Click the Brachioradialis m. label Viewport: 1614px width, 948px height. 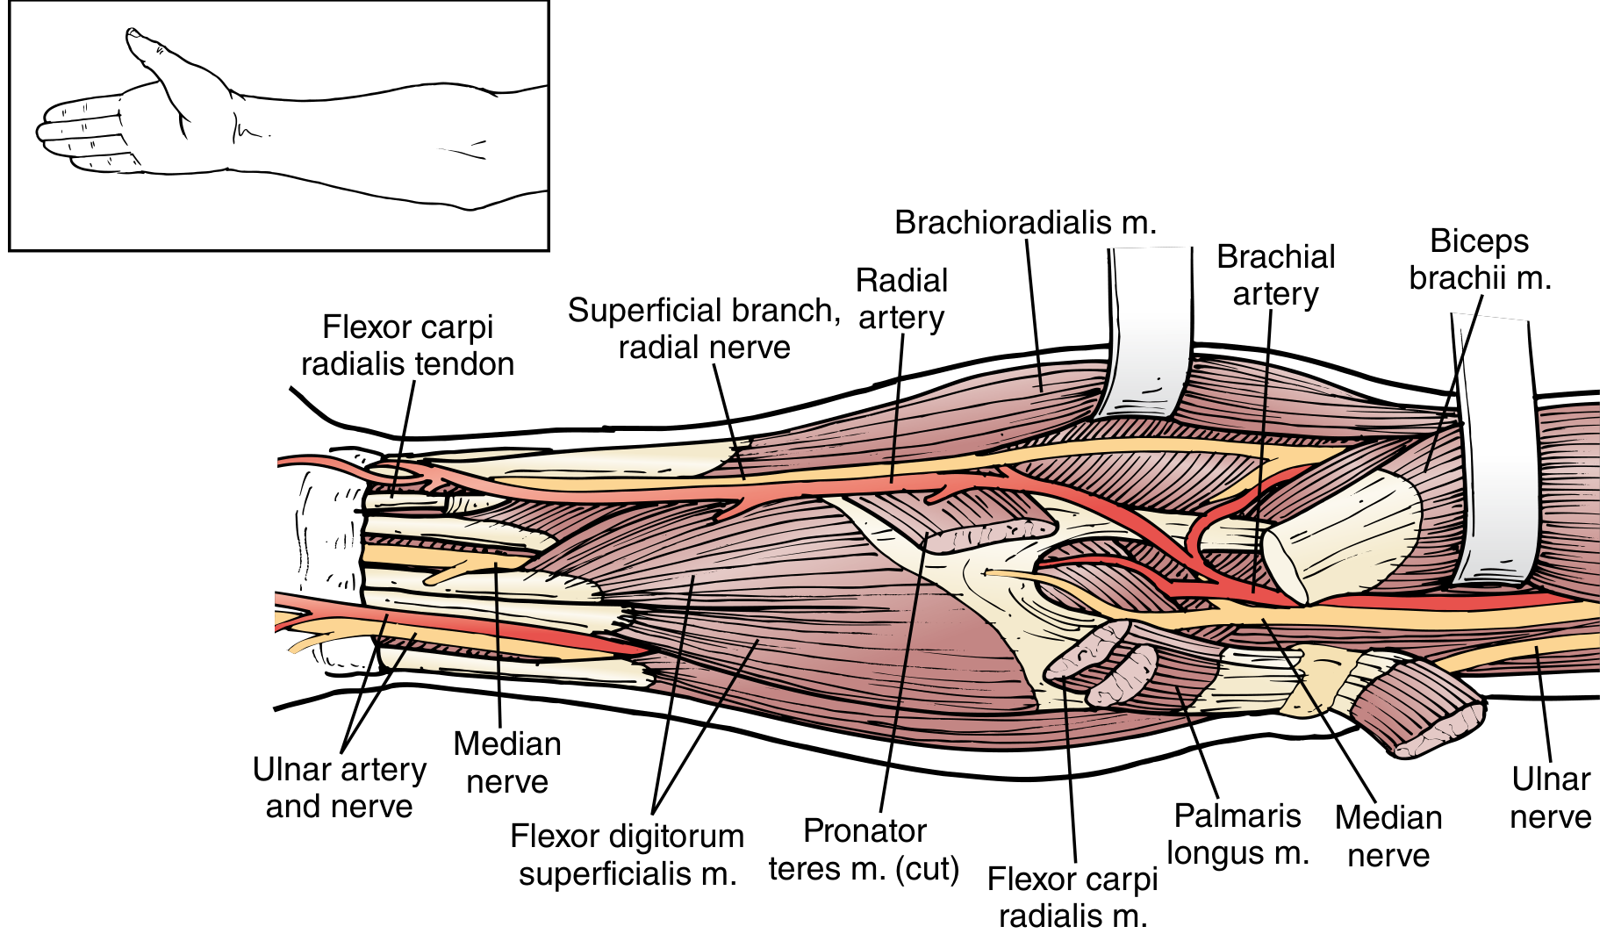click(x=1025, y=223)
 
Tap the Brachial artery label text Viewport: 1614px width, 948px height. click(x=1275, y=275)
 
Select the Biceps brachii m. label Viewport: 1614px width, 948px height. click(x=1480, y=259)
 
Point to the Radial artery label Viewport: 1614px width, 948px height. click(x=901, y=298)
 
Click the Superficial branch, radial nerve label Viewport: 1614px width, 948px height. click(x=704, y=328)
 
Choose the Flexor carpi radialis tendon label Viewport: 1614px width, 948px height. click(x=407, y=345)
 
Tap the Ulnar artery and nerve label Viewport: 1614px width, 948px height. click(x=339, y=787)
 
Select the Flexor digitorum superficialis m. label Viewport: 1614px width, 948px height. click(x=627, y=854)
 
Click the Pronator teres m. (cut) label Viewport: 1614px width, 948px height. click(x=864, y=850)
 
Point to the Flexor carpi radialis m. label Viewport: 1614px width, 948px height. click(x=1072, y=897)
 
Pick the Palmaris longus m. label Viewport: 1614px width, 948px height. click(x=1237, y=834)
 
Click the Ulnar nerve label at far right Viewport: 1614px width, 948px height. click(x=1551, y=798)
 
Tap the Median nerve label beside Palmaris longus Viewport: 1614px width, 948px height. click(x=1388, y=836)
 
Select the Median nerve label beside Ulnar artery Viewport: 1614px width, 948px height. click(x=507, y=762)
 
